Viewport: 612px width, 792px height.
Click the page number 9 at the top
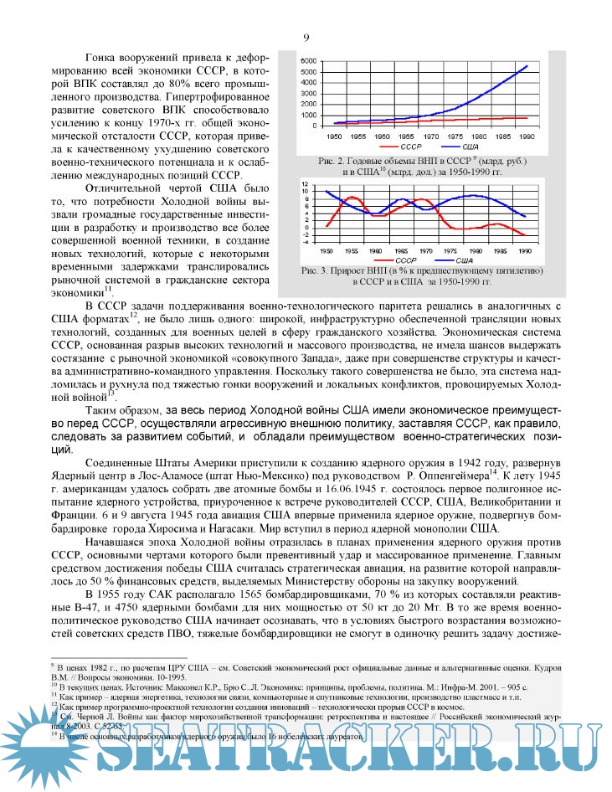point(306,38)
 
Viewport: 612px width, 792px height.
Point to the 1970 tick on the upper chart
point(429,135)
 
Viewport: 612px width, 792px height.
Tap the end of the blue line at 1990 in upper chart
point(527,65)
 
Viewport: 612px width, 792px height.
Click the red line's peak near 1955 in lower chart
point(352,198)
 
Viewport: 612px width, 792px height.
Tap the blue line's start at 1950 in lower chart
point(327,192)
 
